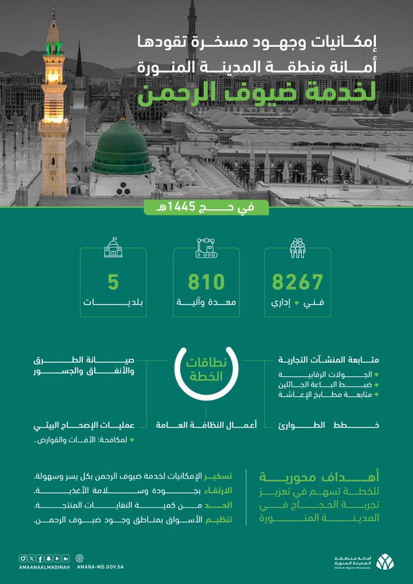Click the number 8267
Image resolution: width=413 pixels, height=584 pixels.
(297, 282)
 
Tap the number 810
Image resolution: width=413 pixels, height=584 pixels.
(206, 282)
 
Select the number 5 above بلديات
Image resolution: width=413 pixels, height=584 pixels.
(114, 282)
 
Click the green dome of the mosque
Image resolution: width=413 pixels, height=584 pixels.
(122, 148)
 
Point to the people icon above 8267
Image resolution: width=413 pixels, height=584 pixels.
(297, 249)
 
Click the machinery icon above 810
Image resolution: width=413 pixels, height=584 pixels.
(206, 249)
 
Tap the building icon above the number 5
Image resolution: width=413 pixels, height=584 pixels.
(114, 249)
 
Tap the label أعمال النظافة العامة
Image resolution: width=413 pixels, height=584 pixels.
(206, 424)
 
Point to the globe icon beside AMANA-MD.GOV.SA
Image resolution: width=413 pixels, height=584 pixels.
(81, 558)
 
